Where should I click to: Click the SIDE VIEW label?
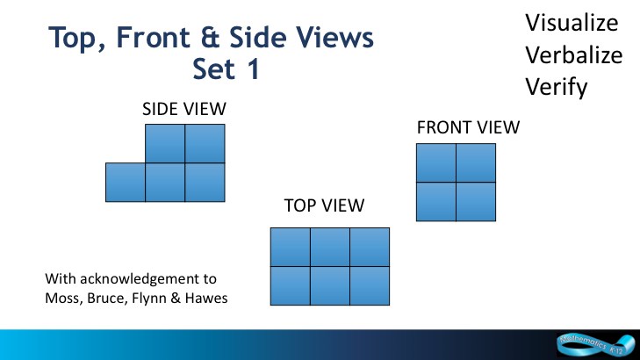[x=184, y=109]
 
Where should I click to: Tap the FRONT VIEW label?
[x=468, y=127]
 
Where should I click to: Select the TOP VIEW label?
[x=324, y=205]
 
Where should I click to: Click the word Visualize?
[x=572, y=23]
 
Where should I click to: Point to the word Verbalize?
[x=574, y=55]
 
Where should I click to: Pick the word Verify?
[x=557, y=87]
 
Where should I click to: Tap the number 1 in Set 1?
[x=254, y=68]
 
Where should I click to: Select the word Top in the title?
[x=76, y=39]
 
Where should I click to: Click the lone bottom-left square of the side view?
[x=126, y=183]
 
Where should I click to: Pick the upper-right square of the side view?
[x=205, y=144]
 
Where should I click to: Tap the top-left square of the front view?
[x=436, y=162]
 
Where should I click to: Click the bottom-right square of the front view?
[x=476, y=202]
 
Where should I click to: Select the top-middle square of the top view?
[x=330, y=248]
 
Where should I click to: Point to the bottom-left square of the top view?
[x=291, y=285]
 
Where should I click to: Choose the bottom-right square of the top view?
[x=370, y=285]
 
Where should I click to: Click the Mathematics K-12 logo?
[x=595, y=345]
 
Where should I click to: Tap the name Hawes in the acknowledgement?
[x=206, y=298]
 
